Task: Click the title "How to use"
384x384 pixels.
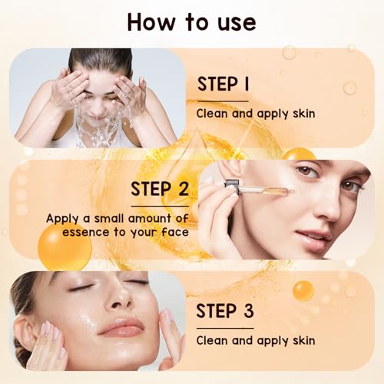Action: (x=191, y=22)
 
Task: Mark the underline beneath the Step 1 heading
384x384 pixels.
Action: (x=223, y=101)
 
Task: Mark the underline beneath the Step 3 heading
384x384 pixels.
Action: (x=223, y=326)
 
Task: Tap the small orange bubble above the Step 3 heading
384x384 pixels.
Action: (x=303, y=290)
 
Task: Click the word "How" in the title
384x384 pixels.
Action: (x=152, y=22)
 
